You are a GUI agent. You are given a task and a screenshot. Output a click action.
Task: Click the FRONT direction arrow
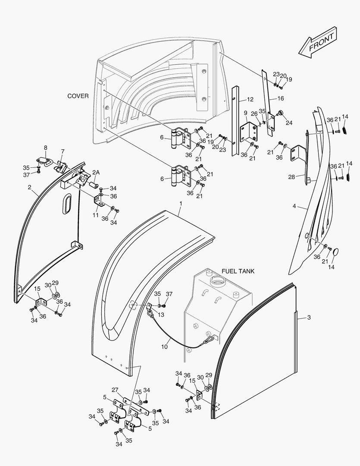click(318, 42)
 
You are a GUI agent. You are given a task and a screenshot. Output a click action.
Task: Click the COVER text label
click(78, 96)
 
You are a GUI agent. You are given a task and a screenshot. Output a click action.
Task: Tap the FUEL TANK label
click(238, 271)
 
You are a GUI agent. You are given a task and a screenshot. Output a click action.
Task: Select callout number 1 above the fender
click(181, 203)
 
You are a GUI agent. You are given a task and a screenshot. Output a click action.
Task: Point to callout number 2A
click(96, 172)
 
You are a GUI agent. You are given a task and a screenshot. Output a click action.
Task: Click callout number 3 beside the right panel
click(309, 318)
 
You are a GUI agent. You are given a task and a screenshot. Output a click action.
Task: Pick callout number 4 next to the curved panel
click(294, 206)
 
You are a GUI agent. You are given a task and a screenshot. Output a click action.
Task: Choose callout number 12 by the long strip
click(250, 100)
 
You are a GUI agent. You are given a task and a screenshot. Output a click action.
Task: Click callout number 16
click(281, 99)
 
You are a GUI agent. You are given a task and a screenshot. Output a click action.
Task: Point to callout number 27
click(115, 390)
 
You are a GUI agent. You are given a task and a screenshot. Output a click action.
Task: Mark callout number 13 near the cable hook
click(161, 315)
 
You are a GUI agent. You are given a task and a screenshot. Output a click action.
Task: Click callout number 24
click(289, 123)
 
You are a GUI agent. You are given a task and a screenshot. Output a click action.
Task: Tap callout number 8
click(46, 148)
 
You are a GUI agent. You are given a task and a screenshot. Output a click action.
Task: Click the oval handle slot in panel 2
click(67, 204)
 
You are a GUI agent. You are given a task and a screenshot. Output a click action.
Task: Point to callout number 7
click(63, 151)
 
